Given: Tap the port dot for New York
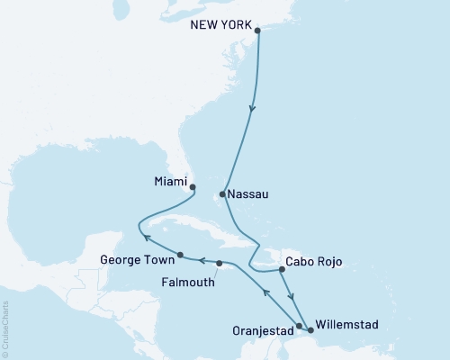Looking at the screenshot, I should pyautogui.click(x=258, y=31).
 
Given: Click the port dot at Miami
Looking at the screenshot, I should pyautogui.click(x=193, y=188).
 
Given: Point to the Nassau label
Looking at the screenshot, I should pyautogui.click(x=248, y=193).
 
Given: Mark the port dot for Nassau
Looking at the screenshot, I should pyautogui.click(x=222, y=193).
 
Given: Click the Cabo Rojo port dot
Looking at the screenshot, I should pyautogui.click(x=279, y=265).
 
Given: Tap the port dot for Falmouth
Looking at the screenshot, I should pyautogui.click(x=220, y=263).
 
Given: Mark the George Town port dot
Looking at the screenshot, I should pyautogui.click(x=181, y=254).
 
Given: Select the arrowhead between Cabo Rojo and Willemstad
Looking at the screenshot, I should pyautogui.click(x=291, y=301).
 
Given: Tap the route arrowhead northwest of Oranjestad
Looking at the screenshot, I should pyautogui.click(x=265, y=292).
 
